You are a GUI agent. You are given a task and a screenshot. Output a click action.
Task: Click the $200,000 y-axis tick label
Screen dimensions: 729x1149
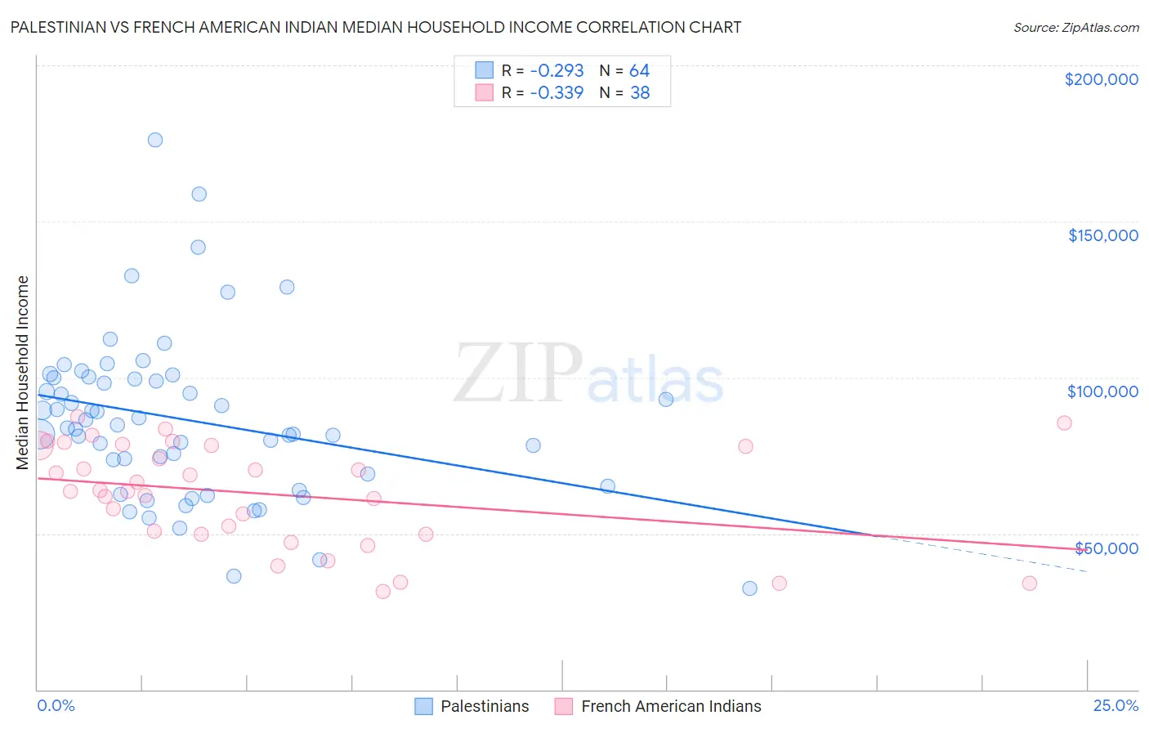click(1101, 79)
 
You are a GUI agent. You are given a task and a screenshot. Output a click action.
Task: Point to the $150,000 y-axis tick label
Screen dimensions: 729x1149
click(1102, 235)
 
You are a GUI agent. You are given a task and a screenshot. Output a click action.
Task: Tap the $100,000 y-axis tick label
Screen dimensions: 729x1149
click(1102, 391)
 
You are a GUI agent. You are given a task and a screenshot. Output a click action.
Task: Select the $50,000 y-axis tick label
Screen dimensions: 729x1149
click(1106, 548)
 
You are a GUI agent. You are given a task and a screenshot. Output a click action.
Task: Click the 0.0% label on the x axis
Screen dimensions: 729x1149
click(56, 705)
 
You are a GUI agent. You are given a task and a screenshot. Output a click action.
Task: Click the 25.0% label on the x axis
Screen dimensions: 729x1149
click(1115, 705)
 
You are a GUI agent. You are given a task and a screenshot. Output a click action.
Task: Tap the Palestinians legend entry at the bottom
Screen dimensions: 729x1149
click(484, 706)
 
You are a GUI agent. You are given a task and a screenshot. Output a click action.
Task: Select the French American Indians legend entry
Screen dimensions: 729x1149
click(670, 706)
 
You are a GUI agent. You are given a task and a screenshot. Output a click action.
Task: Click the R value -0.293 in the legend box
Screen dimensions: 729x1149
click(557, 70)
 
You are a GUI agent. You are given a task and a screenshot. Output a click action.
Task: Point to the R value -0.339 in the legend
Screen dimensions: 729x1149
click(557, 92)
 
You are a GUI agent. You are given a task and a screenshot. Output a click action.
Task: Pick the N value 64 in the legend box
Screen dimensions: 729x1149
click(639, 70)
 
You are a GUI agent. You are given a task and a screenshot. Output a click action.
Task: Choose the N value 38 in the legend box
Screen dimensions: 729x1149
click(640, 92)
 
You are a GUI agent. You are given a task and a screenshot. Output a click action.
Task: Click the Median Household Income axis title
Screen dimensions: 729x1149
click(22, 373)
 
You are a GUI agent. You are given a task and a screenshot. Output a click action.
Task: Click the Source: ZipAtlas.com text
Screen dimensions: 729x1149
click(1075, 27)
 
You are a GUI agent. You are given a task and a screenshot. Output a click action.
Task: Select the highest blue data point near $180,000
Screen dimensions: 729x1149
click(155, 140)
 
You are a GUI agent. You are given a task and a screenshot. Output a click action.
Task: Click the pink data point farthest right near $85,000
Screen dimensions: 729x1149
click(1064, 423)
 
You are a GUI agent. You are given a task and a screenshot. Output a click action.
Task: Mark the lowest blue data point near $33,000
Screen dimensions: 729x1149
click(749, 588)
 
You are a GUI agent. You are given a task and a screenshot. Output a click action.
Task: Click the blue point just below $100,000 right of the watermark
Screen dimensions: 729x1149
click(666, 400)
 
